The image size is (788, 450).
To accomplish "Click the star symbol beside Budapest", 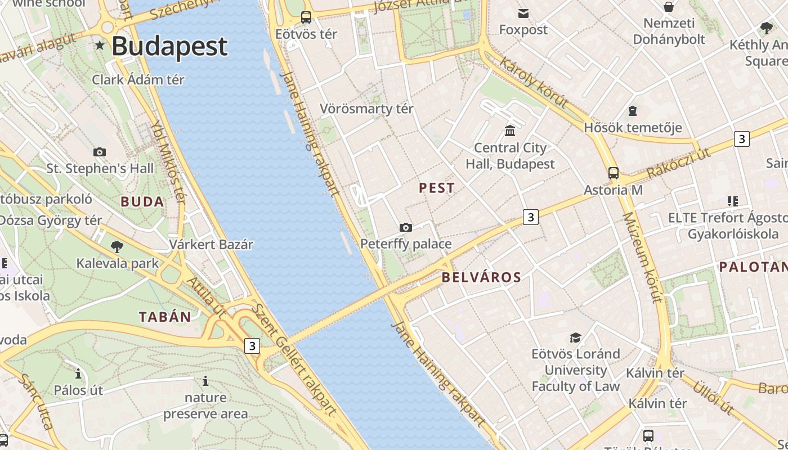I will [x=100, y=45].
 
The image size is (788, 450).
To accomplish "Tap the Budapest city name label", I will [x=169, y=46].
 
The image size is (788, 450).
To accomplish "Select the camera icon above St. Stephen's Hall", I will [x=100, y=152].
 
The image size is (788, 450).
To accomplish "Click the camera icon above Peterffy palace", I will [x=405, y=227].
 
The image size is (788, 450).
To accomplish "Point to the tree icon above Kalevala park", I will [x=117, y=246].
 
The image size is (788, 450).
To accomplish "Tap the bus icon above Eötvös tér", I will [x=306, y=17].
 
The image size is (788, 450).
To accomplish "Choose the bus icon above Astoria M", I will [x=614, y=173].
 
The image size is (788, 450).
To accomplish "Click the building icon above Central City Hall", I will [x=510, y=131].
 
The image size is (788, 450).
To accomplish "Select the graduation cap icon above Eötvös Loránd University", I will [x=575, y=337].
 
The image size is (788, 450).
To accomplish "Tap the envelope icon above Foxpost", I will [x=523, y=13].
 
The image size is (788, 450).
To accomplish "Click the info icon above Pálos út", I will [x=78, y=373].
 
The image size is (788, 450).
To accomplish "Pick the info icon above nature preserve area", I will [x=205, y=381].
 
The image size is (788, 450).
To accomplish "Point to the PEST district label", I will [x=437, y=188].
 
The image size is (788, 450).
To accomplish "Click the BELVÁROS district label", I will [x=481, y=277].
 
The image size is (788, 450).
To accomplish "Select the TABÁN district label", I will [x=165, y=317].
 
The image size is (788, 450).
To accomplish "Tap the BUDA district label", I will [x=142, y=202].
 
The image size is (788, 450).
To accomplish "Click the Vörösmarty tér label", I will [x=366, y=109].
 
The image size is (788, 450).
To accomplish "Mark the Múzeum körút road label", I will [x=642, y=257].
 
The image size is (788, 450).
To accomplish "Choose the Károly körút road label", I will [x=534, y=82].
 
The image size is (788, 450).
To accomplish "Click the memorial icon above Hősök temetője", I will [x=633, y=111].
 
